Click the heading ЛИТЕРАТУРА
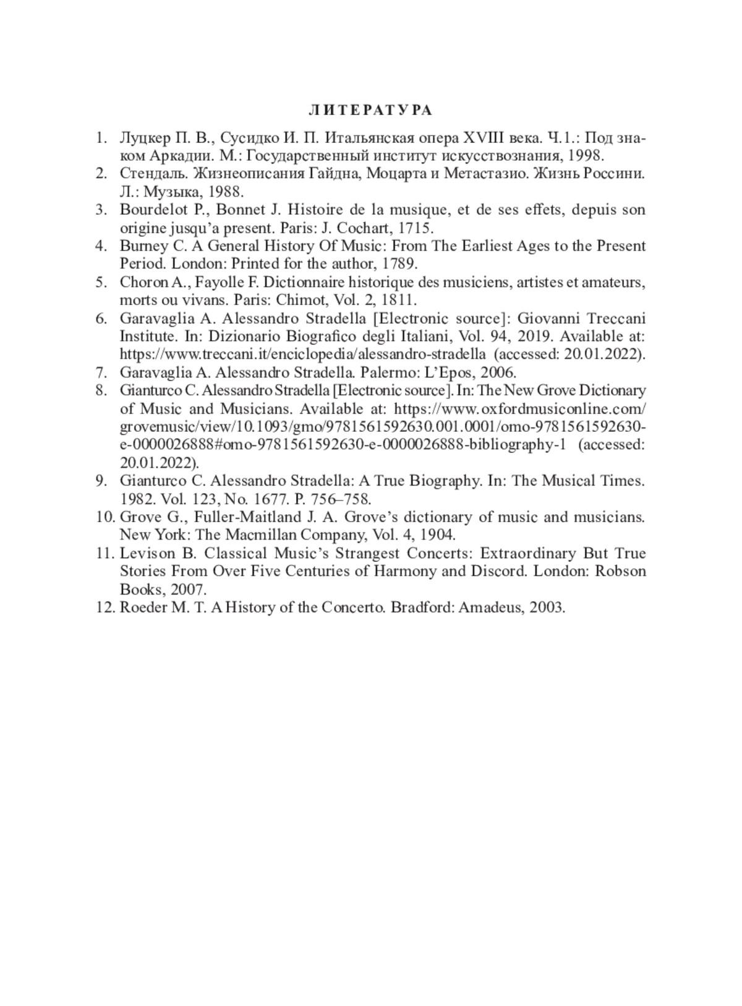click(x=370, y=110)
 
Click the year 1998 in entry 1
click(x=584, y=155)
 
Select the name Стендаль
click(x=147, y=173)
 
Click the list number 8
click(x=101, y=390)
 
